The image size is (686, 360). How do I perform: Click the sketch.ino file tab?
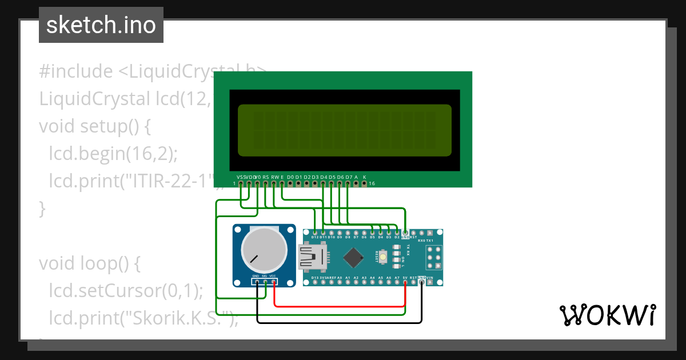pyautogui.click(x=101, y=25)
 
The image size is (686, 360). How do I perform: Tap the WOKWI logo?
pyautogui.click(x=607, y=315)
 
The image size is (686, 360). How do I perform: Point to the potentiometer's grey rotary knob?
pyautogui.click(x=264, y=250)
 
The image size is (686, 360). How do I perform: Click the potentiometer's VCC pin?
pyautogui.click(x=274, y=282)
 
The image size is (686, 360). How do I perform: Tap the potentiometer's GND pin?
pyautogui.click(x=257, y=282)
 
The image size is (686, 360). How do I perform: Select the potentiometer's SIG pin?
pyautogui.click(x=265, y=282)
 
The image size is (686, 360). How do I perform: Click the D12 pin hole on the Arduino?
pyautogui.click(x=315, y=233)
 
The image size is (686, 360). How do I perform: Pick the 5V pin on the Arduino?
pyautogui.click(x=405, y=282)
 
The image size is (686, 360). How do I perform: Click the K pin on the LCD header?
pyautogui.click(x=365, y=183)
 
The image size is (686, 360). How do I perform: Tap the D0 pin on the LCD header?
pyautogui.click(x=290, y=183)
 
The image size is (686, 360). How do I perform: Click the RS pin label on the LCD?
pyautogui.click(x=266, y=177)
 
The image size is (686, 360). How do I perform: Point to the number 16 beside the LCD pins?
pyautogui.click(x=372, y=183)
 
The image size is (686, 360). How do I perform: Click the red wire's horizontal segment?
pyautogui.click(x=340, y=306)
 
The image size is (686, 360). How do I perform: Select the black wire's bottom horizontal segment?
pyautogui.click(x=340, y=322)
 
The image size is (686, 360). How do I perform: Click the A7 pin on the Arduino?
pyautogui.click(x=397, y=282)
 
